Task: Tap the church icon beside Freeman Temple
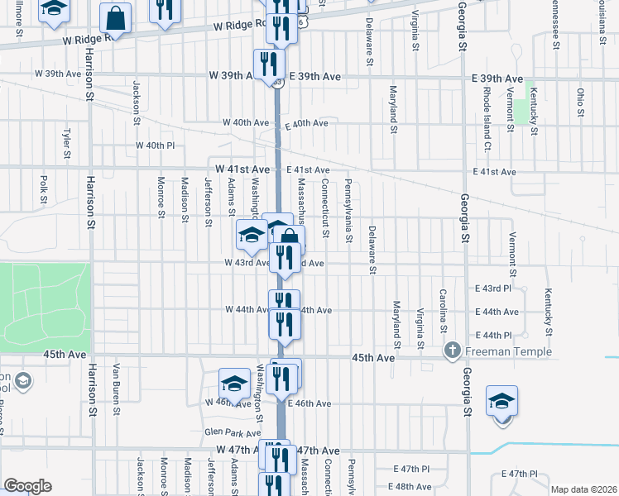pyautogui.click(x=453, y=350)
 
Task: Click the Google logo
pyautogui.click(x=27, y=486)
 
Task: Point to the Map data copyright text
pyautogui.click(x=583, y=489)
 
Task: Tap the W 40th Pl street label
pyautogui.click(x=156, y=145)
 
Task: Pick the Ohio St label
pyautogui.click(x=581, y=102)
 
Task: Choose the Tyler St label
pyautogui.click(x=66, y=142)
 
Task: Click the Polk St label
pyautogui.click(x=43, y=188)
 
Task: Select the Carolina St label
pyautogui.click(x=444, y=306)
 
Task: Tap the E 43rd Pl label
pyautogui.click(x=496, y=288)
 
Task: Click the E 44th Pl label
pyautogui.click(x=496, y=335)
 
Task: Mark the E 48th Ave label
pyautogui.click(x=413, y=487)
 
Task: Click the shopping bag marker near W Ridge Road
pyautogui.click(x=116, y=17)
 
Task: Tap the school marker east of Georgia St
pyautogui.click(x=501, y=403)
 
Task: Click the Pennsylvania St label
pyautogui.click(x=349, y=211)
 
